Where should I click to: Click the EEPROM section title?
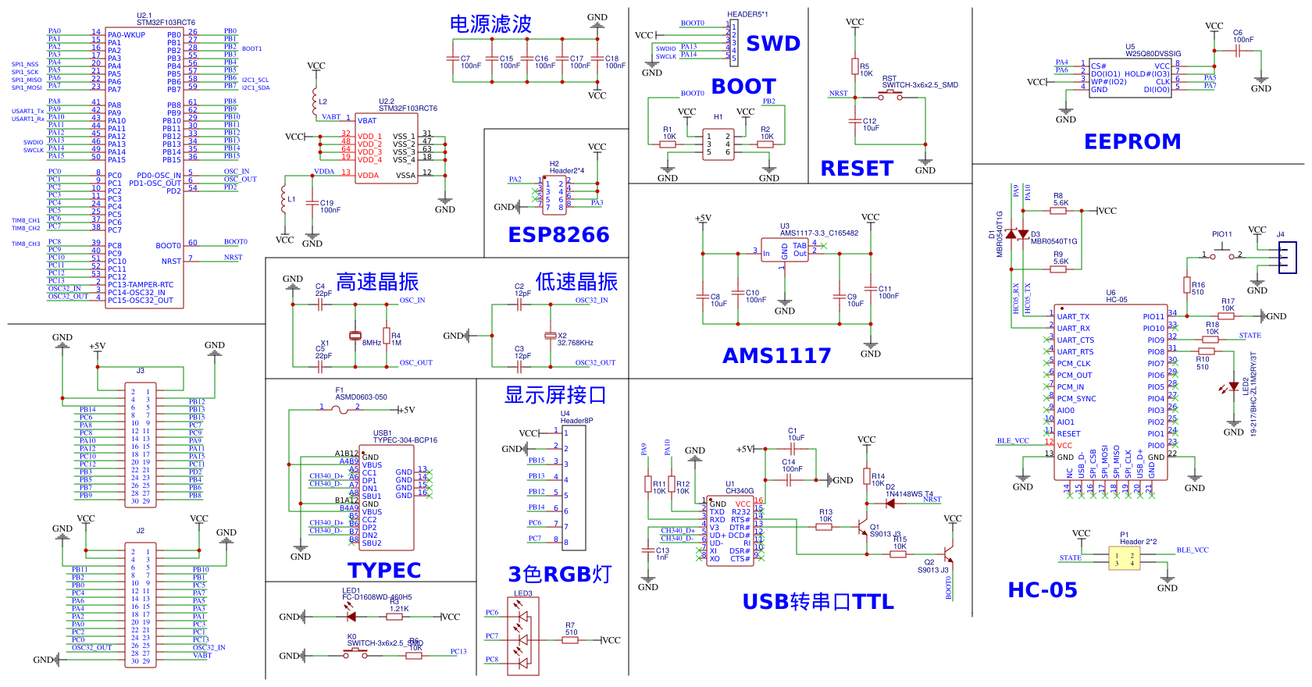[x=1132, y=141]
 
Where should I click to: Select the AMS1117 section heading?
[x=776, y=356]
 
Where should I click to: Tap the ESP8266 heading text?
[x=558, y=235]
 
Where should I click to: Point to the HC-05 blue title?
[x=1042, y=590]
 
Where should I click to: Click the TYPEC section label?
[x=384, y=571]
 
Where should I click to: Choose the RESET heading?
[x=856, y=169]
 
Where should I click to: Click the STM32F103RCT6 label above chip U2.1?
[x=166, y=23]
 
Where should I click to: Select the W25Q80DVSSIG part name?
[x=1153, y=54]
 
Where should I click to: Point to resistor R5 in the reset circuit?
[x=855, y=66]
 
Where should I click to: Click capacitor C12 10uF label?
[x=870, y=124]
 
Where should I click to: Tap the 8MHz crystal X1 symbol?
[x=355, y=336]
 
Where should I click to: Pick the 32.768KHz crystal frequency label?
[x=575, y=343]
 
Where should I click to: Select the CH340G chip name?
[x=739, y=491]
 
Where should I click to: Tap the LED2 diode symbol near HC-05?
[x=1232, y=386]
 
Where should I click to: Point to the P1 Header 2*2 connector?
[x=1124, y=558]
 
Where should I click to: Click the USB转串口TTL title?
[x=818, y=602]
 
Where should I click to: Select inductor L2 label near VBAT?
[x=323, y=101]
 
